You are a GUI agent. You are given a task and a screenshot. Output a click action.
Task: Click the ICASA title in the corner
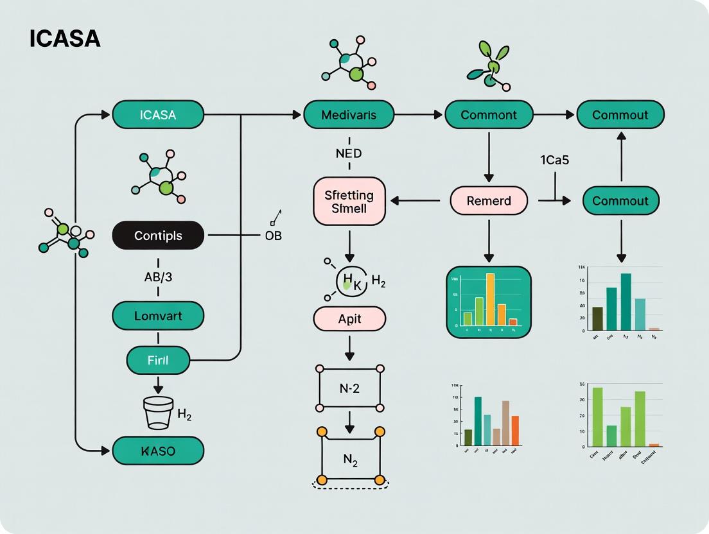pos(65,39)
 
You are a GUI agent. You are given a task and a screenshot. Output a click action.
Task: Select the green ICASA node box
pos(157,115)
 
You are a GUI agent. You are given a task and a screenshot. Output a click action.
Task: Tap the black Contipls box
pos(157,236)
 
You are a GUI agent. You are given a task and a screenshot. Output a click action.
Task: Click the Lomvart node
pos(157,316)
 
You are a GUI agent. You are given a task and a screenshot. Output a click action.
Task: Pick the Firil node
pos(158,360)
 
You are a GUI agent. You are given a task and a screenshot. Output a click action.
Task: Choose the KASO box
pos(157,451)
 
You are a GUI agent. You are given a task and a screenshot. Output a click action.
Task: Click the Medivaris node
pos(349,115)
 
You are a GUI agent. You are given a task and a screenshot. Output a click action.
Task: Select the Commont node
pos(489,115)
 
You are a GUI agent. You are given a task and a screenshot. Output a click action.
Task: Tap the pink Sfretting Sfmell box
pos(349,201)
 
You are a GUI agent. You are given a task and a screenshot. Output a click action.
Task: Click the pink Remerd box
pos(489,201)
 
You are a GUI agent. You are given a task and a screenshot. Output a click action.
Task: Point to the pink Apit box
pos(349,318)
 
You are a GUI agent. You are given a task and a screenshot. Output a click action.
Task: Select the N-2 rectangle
pos(349,388)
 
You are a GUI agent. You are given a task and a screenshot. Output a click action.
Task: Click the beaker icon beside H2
pos(157,413)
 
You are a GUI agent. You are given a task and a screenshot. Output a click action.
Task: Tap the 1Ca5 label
pos(554,160)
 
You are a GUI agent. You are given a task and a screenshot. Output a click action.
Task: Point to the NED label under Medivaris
pos(349,153)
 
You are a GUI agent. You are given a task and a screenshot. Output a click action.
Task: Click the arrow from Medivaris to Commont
pos(419,115)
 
